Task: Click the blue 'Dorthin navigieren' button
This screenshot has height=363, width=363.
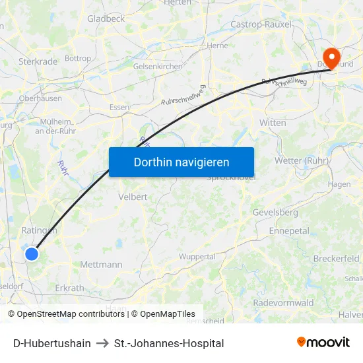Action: pyautogui.click(x=181, y=162)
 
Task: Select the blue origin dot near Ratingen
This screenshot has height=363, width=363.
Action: pyautogui.click(x=31, y=253)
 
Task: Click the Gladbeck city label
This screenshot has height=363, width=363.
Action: pyautogui.click(x=106, y=19)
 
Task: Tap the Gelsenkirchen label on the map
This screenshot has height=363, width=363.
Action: pyautogui.click(x=157, y=67)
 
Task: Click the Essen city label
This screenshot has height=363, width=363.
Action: pyautogui.click(x=119, y=107)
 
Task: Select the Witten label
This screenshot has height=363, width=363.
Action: pyautogui.click(x=273, y=123)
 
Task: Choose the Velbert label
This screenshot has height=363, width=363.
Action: pyautogui.click(x=132, y=197)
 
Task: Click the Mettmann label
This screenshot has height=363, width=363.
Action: pyautogui.click(x=101, y=265)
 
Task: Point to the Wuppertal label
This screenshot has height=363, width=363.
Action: pyautogui.click(x=197, y=256)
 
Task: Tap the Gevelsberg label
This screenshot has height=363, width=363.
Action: pyautogui.click(x=275, y=213)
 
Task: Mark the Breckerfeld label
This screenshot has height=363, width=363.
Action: pyautogui.click(x=336, y=258)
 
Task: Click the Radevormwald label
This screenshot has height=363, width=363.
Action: pyautogui.click(x=283, y=302)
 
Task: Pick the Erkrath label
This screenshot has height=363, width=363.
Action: pyautogui.click(x=69, y=288)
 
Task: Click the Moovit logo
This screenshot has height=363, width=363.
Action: pyautogui.click(x=323, y=342)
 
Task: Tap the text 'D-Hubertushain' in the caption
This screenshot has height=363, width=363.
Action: pyautogui.click(x=52, y=343)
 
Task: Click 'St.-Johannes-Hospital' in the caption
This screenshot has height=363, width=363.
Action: pyautogui.click(x=169, y=343)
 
